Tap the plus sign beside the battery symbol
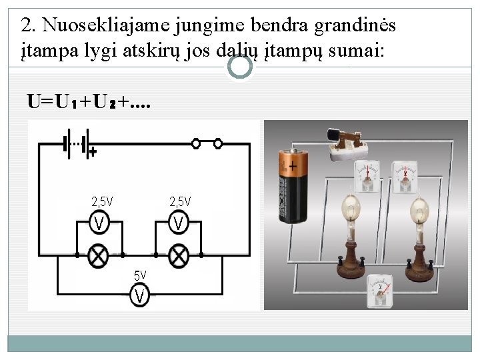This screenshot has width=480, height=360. [x=93, y=153]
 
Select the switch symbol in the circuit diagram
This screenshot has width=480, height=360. [x=207, y=143]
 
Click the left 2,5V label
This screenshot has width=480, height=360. [x=102, y=201]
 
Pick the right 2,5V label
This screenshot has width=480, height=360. [x=180, y=201]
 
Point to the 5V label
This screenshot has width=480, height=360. [x=140, y=274]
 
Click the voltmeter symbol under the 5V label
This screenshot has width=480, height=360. [x=139, y=294]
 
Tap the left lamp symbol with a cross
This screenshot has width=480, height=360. [x=100, y=255]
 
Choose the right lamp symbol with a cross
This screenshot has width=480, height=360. [x=178, y=255]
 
